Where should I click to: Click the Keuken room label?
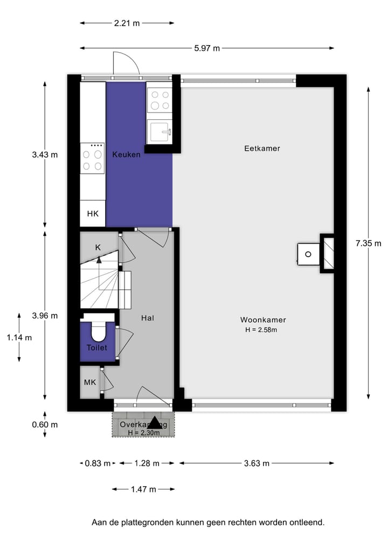(126, 154)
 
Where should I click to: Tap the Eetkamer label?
(262, 148)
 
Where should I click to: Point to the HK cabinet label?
(93, 214)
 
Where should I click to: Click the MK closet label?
(89, 382)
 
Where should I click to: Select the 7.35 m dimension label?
(368, 243)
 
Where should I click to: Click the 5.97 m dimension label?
(207, 48)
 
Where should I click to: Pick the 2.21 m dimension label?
(127, 23)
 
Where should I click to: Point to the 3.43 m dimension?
(45, 154)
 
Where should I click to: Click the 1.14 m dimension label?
(19, 337)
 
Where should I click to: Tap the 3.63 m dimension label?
(257, 463)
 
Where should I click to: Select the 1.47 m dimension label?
(143, 489)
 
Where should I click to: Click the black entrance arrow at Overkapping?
(155, 423)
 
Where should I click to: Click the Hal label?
(148, 318)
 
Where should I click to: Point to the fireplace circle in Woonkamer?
(309, 254)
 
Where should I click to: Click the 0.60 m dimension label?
(45, 424)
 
